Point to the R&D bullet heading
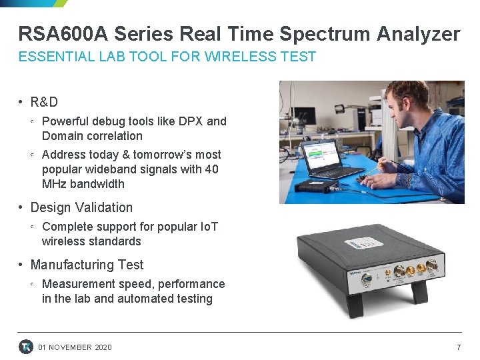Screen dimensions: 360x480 click(x=44, y=102)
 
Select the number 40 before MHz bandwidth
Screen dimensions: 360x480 click(x=211, y=169)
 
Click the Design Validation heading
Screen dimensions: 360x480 click(x=81, y=207)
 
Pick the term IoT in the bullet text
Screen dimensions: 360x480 click(x=208, y=227)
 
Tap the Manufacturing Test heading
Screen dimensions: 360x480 click(x=87, y=265)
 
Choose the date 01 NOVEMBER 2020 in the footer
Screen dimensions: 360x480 click(x=75, y=347)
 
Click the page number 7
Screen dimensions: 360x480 click(x=458, y=347)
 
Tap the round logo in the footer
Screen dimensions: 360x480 click(x=26, y=347)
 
